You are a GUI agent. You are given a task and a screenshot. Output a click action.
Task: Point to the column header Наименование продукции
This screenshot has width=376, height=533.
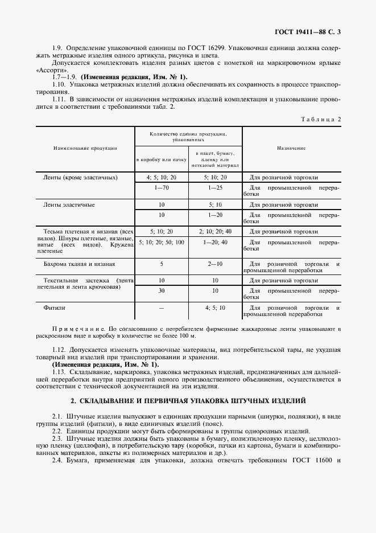pyautogui.click(x=85, y=148)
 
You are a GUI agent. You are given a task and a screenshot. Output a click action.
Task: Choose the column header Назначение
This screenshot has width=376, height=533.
pyautogui.click(x=291, y=148)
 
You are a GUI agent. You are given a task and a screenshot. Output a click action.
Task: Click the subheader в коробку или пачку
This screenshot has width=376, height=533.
pyautogui.click(x=162, y=160)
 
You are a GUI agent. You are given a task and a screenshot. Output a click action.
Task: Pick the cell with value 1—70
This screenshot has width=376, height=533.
pyautogui.click(x=162, y=187)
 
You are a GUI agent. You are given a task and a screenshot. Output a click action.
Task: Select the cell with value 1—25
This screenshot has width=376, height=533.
pyautogui.click(x=215, y=187)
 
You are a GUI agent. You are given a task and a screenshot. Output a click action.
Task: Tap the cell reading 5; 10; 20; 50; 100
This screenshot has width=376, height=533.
pyautogui.click(x=162, y=243)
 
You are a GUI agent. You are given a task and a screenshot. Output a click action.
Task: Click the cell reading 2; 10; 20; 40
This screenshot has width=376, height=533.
pyautogui.click(x=215, y=232)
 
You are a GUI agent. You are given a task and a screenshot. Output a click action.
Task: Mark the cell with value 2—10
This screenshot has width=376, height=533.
pyautogui.click(x=215, y=264)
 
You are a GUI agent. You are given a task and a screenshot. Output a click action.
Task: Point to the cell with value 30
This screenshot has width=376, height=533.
pyautogui.click(x=162, y=291)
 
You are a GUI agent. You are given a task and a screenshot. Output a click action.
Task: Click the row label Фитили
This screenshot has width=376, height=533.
pyautogui.click(x=55, y=307)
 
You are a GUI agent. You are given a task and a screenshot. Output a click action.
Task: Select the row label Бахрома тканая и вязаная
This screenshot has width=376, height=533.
pyautogui.click(x=79, y=264)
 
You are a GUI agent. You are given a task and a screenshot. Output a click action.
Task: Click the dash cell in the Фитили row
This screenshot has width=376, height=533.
pyautogui.click(x=162, y=307)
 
